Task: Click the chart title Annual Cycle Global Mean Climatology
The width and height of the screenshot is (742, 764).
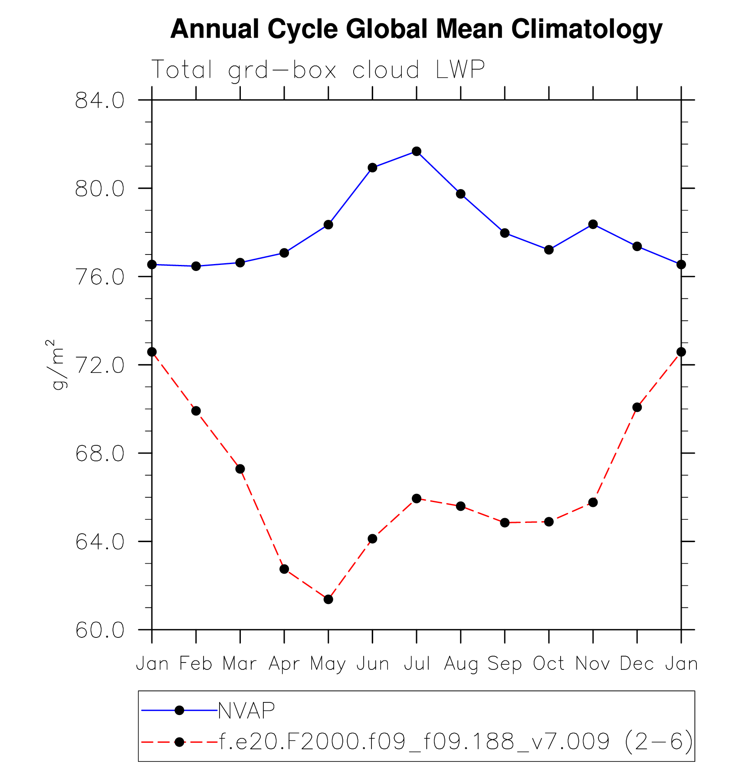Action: click(x=416, y=29)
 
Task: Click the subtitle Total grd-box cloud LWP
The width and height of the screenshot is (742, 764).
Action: click(x=318, y=69)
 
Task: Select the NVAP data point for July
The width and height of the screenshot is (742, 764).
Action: click(x=417, y=151)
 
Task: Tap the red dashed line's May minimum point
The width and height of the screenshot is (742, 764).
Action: click(x=328, y=599)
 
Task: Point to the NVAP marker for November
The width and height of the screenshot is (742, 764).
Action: click(x=593, y=224)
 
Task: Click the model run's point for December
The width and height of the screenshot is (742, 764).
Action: click(x=637, y=407)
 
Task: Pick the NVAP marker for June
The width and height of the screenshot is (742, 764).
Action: click(x=372, y=167)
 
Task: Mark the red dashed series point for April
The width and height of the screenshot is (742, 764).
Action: click(x=284, y=569)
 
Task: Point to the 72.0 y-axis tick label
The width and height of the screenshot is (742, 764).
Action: click(x=99, y=366)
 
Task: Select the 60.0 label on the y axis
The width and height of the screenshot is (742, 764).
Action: click(x=99, y=630)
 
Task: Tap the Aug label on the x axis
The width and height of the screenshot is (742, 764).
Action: click(x=460, y=664)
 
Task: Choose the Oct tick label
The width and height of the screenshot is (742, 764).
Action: click(x=548, y=663)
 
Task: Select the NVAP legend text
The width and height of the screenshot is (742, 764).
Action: click(x=246, y=710)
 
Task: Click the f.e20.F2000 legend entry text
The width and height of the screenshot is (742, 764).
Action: click(x=456, y=742)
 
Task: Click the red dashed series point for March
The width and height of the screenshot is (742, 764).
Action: click(x=240, y=469)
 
